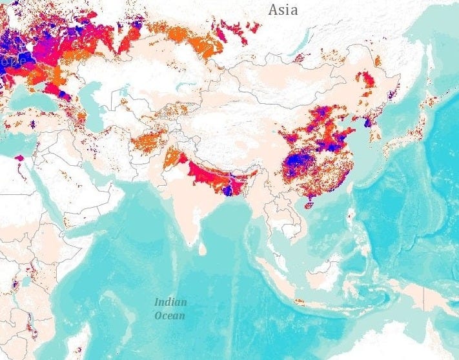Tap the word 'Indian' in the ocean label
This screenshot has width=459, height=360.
pos(170,302)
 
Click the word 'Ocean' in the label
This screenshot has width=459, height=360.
pos(169,315)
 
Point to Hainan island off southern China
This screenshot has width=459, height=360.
pos(309,205)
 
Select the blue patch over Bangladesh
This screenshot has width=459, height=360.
pos(227,189)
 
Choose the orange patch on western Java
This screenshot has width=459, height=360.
pos(299,301)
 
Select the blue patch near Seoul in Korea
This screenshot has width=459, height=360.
pos(368,121)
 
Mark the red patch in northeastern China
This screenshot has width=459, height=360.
pos(367,81)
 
